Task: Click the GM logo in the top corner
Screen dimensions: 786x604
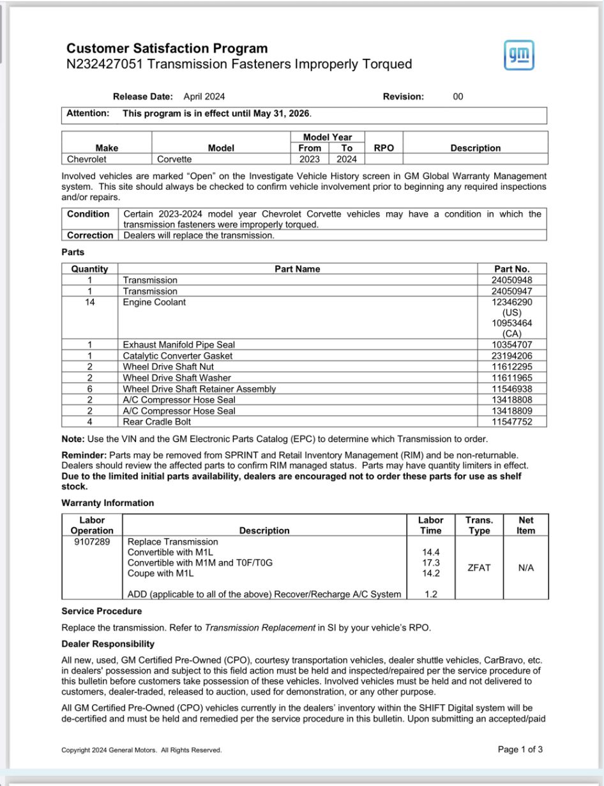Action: pos(518,55)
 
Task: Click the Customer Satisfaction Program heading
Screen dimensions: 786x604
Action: pos(167,49)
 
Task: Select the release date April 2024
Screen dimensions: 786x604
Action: pos(204,96)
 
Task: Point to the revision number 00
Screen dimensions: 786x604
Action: pos(458,96)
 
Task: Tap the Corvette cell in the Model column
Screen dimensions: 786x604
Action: pos(174,159)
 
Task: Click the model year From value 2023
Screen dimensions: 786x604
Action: pos(310,159)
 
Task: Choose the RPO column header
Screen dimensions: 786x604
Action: pos(384,148)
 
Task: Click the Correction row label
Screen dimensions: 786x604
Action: pos(90,235)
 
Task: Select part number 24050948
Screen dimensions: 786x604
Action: pos(513,280)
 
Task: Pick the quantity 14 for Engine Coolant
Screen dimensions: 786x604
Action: pos(90,302)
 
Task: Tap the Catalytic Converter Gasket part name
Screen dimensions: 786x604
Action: pos(177,356)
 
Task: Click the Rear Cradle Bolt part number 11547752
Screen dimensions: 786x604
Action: pos(513,422)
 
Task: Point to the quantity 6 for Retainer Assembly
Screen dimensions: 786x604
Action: pos(90,389)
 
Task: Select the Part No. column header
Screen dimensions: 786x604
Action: pos(512,269)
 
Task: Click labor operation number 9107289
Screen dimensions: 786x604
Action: pos(91,542)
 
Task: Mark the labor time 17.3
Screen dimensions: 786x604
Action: pos(430,563)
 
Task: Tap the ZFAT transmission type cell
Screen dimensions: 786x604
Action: pos(479,567)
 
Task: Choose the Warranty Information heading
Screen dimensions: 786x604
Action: pos(107,503)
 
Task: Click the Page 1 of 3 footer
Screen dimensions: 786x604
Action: pos(520,750)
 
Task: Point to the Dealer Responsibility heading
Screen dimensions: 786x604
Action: pos(108,643)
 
